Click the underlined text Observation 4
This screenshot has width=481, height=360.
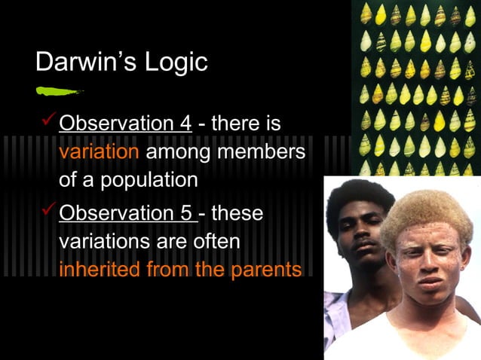click(125, 123)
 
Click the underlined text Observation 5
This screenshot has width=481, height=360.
click(125, 214)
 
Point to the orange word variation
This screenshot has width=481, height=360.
click(99, 151)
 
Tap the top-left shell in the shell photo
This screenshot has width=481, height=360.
click(366, 13)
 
